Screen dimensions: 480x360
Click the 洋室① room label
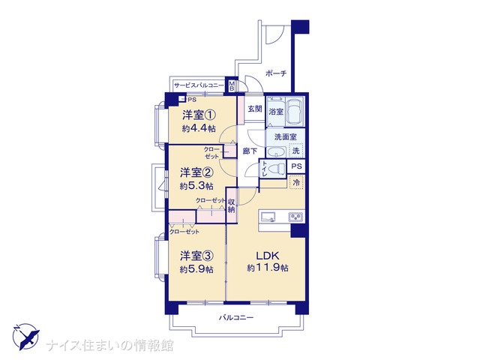pyautogui.click(x=199, y=115)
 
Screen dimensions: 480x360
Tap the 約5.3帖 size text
pyautogui.click(x=196, y=186)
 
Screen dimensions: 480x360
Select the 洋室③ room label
pyautogui.click(x=196, y=256)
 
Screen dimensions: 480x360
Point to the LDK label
pyautogui.click(x=267, y=255)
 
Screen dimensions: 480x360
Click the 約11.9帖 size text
pyautogui.click(x=268, y=268)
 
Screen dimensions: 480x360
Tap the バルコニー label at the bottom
pyautogui.click(x=236, y=318)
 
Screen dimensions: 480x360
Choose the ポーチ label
pyautogui.click(x=276, y=73)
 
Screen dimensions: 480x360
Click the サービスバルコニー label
pyautogui.click(x=199, y=85)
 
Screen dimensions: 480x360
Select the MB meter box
pyautogui.click(x=232, y=85)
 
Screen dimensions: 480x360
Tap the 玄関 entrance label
pyautogui.click(x=255, y=108)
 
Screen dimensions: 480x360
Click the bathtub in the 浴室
pyautogui.click(x=294, y=112)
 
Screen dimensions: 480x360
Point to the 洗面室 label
pyautogui.click(x=285, y=136)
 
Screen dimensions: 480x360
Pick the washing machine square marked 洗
pyautogui.click(x=295, y=151)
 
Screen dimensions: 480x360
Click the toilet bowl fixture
pyautogui.click(x=277, y=168)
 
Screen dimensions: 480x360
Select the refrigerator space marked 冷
pyautogui.click(x=296, y=182)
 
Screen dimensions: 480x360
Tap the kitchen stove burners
pyautogui.click(x=295, y=217)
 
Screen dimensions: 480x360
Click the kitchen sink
pyautogui.click(x=268, y=217)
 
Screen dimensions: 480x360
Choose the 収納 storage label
pyautogui.click(x=232, y=205)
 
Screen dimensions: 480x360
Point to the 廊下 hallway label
pyautogui.click(x=250, y=151)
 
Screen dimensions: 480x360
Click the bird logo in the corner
pyautogui.click(x=25, y=337)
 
